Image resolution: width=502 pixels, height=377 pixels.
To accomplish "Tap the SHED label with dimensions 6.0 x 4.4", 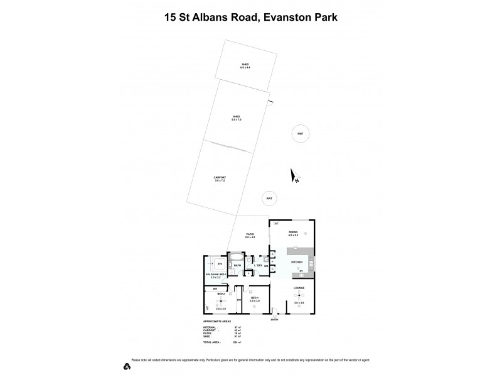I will click(245, 65).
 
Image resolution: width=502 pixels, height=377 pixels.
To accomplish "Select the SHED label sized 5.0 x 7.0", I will click(237, 117).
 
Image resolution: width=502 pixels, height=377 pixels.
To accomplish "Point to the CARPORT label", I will click(220, 179).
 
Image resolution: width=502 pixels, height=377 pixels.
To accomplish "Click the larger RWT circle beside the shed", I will click(301, 133).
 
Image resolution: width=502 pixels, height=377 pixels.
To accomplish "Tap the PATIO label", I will click(250, 236).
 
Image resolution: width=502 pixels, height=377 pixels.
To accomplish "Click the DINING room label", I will click(293, 233).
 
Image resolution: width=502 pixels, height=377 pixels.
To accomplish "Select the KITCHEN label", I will click(296, 261).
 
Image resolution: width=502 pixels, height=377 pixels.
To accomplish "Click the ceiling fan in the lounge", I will click(299, 295).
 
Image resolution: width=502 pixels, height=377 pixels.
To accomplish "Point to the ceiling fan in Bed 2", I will click(220, 301).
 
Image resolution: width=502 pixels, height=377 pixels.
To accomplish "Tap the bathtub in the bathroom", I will click(237, 257).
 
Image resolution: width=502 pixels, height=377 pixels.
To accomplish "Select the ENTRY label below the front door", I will click(274, 320).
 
